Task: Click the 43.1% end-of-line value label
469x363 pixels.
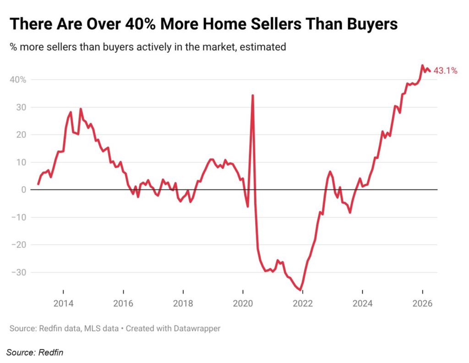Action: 445,71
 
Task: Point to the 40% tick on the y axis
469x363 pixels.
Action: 18,80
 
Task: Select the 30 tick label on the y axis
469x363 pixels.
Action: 22,107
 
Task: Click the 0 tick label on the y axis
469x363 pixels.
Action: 23,190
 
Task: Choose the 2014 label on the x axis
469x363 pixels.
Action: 63,304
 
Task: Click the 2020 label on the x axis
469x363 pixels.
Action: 243,304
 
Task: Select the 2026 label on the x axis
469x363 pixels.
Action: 422,304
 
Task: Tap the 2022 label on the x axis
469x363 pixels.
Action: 303,304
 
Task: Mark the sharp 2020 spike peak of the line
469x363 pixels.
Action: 253,95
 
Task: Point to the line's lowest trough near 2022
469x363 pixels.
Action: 300,290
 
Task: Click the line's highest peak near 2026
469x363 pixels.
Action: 422,66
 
